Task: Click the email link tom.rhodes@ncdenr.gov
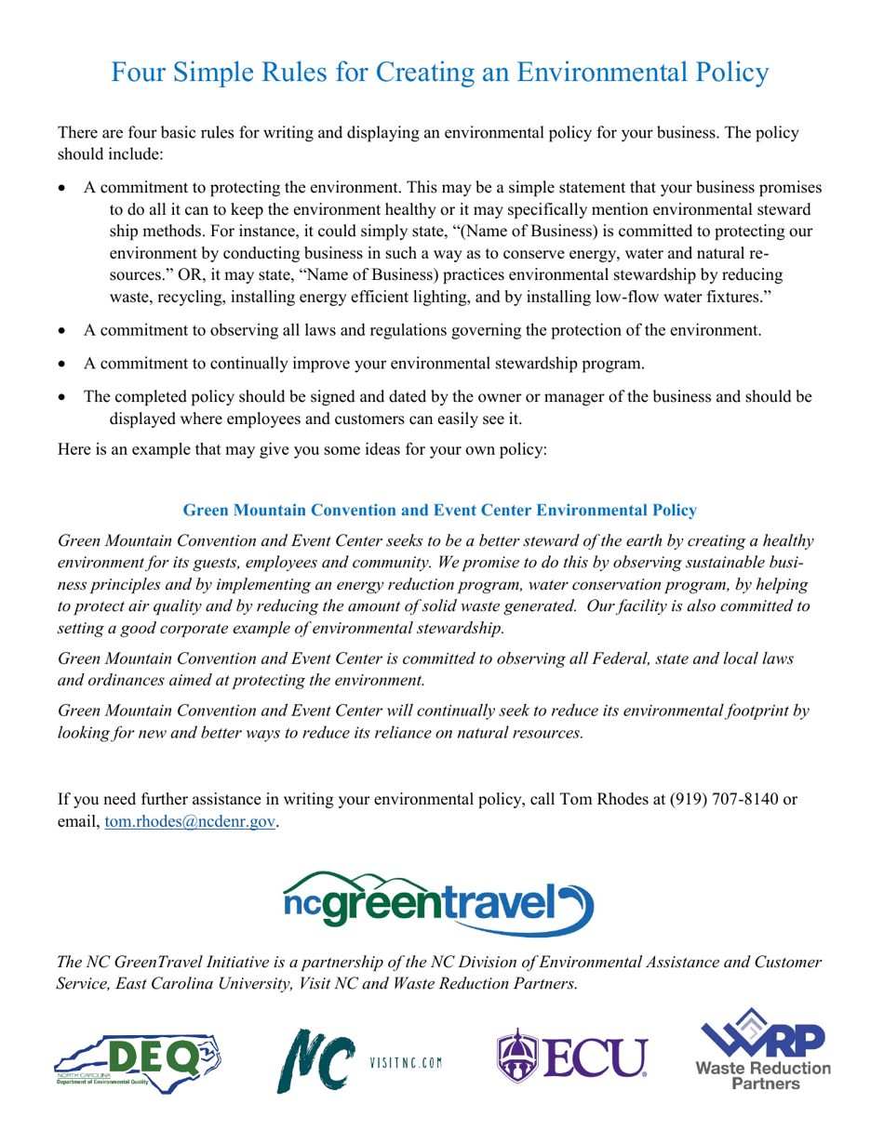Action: click(191, 823)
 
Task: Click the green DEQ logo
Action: click(149, 1061)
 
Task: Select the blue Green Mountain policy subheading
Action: click(439, 511)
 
